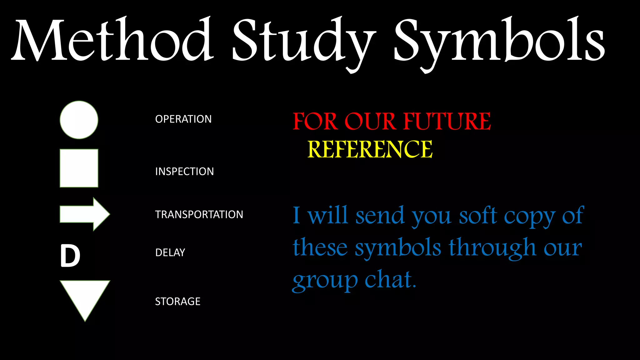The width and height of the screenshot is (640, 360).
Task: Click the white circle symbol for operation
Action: [x=79, y=120]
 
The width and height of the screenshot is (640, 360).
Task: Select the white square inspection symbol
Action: [x=79, y=168]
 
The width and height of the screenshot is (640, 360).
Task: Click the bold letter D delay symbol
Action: [x=70, y=256]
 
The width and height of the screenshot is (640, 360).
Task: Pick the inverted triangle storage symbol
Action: [x=85, y=297]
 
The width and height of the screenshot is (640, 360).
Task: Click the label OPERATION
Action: [x=183, y=119]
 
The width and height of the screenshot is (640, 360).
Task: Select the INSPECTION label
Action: [x=184, y=172]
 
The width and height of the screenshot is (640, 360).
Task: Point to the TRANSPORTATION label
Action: [x=199, y=215]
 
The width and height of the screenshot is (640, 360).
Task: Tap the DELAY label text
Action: [x=170, y=252]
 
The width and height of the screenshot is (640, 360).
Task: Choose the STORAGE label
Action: [x=177, y=302]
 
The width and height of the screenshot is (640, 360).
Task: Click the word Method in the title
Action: [x=112, y=41]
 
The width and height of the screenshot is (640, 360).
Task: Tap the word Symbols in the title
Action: [x=499, y=42]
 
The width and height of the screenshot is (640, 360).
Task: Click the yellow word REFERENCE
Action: [x=370, y=149]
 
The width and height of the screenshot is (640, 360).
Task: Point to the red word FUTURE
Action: [x=447, y=121]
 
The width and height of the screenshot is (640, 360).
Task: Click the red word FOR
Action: [x=315, y=121]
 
